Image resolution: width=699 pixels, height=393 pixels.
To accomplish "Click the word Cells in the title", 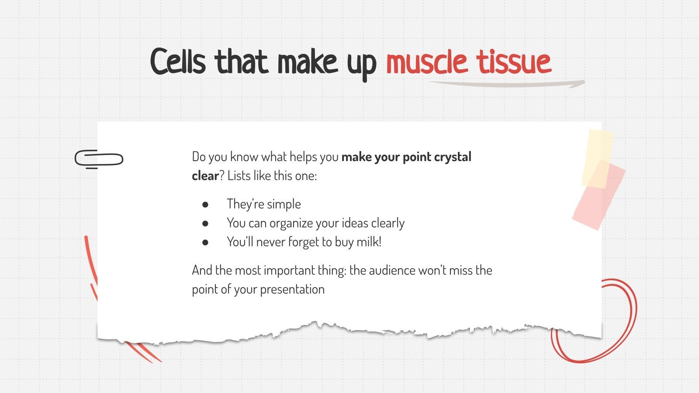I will [178, 62].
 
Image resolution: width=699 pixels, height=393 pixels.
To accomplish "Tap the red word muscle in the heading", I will [426, 62].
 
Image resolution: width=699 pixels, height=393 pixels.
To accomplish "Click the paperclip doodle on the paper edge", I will [99, 159].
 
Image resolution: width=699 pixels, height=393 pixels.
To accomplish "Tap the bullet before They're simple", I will [205, 204].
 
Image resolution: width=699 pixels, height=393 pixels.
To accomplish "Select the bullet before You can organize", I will [205, 223].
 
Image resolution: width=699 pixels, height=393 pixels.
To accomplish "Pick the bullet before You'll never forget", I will [205, 242].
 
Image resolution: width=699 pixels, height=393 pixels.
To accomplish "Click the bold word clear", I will [205, 176].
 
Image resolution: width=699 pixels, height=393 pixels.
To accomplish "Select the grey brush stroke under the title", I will [507, 83].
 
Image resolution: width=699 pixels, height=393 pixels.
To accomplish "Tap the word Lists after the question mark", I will [239, 176].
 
